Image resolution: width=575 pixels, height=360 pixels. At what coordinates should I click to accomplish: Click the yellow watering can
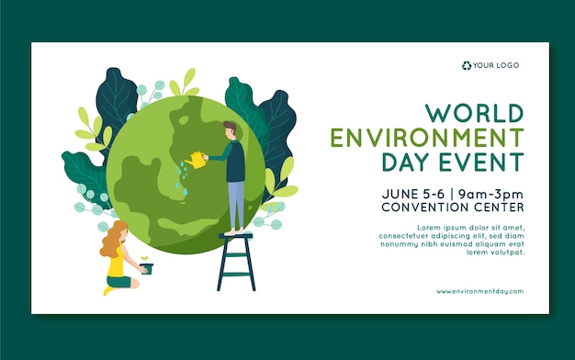[196, 161]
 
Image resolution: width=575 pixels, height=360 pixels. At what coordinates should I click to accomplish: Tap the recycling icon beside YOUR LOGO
[467, 65]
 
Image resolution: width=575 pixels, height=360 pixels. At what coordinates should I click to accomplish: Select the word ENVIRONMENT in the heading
[427, 139]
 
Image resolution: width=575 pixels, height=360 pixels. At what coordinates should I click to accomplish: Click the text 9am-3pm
[493, 194]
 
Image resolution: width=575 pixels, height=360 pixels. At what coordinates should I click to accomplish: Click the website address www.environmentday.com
[479, 291]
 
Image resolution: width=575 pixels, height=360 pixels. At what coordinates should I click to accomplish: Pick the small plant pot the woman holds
[147, 268]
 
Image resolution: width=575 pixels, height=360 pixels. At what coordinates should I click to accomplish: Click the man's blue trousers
[236, 204]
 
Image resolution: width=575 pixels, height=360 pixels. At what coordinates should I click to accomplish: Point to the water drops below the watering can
[180, 183]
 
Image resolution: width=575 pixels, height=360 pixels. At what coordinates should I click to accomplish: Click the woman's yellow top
[116, 265]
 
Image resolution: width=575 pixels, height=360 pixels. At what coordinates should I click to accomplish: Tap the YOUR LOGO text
[496, 65]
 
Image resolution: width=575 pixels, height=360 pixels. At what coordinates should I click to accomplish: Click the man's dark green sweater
[235, 160]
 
